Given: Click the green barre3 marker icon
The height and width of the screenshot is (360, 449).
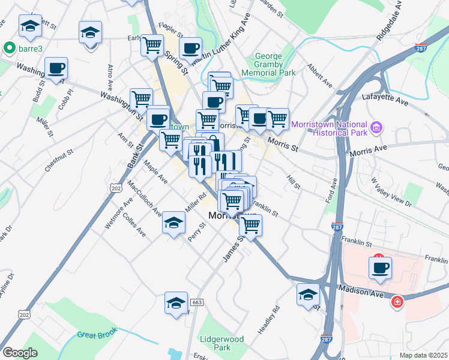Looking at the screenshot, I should coord(8,47).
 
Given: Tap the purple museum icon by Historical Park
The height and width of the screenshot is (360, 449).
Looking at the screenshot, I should coord(377,127).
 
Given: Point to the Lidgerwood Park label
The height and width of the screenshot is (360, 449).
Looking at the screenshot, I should coord(223,343).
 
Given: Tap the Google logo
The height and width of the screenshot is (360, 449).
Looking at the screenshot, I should coord(20,353).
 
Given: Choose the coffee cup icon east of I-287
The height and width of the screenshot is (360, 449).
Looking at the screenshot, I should coord(379,268).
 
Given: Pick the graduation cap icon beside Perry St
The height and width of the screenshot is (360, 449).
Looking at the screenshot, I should coord(173,223).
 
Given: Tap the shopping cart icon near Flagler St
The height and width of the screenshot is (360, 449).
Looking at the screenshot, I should coord(152,44).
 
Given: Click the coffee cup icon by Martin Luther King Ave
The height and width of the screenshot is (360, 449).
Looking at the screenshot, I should coord(191,48).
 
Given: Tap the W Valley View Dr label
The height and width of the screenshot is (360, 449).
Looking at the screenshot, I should coord(391,191).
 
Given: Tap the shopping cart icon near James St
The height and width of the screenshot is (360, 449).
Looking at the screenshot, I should coord(250,225).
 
